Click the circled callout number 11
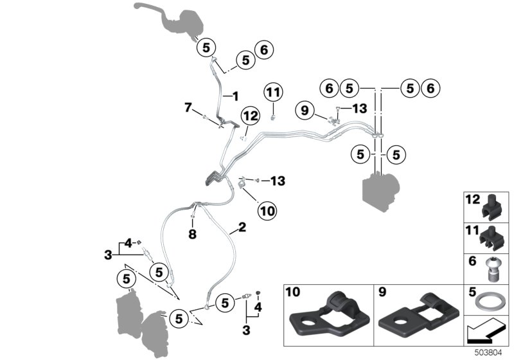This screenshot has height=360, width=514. click(273, 93)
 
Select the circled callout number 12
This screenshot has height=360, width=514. click(249, 116)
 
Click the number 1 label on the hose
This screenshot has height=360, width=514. click(235, 96)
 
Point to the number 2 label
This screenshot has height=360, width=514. click(242, 227)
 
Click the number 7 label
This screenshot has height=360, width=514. click(188, 107)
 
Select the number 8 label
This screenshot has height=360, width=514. click(191, 235)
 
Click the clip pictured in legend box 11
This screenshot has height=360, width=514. click(492, 235)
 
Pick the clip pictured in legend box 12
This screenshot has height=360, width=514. click(492, 205)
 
